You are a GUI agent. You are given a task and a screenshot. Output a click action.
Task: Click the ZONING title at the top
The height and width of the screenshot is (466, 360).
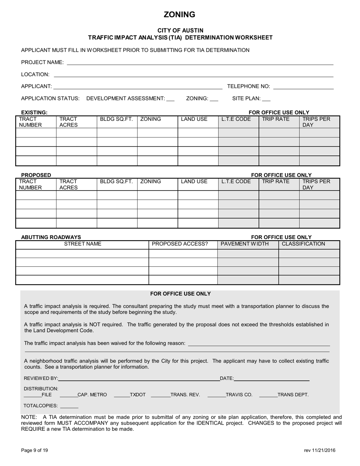(x=179, y=15)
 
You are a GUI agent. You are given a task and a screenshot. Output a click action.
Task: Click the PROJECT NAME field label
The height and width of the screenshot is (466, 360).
(x=42, y=63)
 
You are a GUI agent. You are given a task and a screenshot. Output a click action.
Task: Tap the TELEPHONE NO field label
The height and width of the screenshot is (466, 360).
(x=248, y=86)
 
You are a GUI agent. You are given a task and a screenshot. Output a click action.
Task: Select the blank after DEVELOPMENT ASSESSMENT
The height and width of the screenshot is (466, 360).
(x=171, y=99)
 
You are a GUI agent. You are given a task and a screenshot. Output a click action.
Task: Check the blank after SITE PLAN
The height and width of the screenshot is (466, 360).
(x=266, y=99)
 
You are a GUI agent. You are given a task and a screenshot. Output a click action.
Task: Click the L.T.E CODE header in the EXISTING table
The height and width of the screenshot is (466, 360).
(x=236, y=119)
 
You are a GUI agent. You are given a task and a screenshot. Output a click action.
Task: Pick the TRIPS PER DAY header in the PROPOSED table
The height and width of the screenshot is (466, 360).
(x=316, y=185)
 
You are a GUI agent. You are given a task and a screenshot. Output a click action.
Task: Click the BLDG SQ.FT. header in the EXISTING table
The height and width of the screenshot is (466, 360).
(x=116, y=119)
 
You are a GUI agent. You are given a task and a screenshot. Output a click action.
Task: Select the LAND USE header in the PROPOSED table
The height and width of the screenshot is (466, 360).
(x=194, y=181)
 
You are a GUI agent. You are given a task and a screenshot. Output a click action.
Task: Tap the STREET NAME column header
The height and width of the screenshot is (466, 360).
(x=83, y=244)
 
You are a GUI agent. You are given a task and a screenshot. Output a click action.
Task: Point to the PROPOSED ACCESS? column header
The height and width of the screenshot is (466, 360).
(x=180, y=244)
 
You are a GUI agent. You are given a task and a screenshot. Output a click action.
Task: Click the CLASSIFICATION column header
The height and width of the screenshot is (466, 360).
(x=303, y=244)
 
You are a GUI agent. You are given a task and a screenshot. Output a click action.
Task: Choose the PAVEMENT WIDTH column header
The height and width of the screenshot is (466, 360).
(x=244, y=244)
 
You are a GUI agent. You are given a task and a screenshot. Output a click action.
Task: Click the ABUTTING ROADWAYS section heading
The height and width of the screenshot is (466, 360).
(x=51, y=238)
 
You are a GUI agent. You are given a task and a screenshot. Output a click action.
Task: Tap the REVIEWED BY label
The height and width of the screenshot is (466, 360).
(x=41, y=378)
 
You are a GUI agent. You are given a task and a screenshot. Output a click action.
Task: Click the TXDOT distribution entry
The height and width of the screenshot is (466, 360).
(x=138, y=395)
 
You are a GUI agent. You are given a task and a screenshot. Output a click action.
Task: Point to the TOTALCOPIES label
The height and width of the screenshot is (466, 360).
(x=41, y=406)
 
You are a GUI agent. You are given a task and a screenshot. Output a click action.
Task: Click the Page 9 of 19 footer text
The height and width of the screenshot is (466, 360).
(x=34, y=450)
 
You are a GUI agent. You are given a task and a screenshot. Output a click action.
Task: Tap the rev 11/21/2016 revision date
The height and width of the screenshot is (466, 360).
(x=319, y=450)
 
